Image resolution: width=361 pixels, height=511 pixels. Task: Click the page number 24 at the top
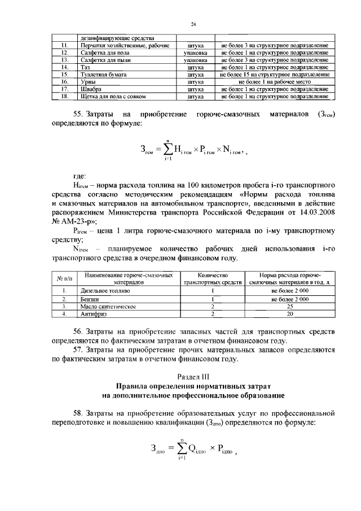click(193, 23)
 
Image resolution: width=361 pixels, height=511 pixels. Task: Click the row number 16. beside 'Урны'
click(65, 81)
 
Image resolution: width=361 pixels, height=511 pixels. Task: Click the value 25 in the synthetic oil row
click(289, 305)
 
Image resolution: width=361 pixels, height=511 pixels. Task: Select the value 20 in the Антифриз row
click(289, 313)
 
